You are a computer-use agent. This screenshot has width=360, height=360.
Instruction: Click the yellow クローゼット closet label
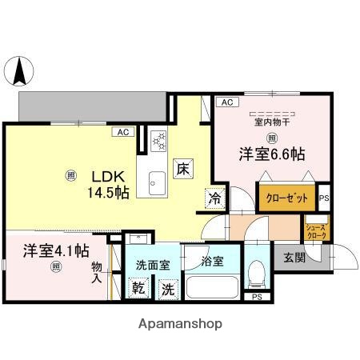[286, 198]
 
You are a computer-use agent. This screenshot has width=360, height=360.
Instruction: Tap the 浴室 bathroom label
[212, 261]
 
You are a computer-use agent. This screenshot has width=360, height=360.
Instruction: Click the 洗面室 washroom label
[152, 263]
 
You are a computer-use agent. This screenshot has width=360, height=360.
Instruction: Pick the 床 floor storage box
[183, 169]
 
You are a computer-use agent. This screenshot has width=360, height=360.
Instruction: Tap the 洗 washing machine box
[168, 289]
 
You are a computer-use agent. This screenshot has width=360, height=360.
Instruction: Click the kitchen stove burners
[157, 141]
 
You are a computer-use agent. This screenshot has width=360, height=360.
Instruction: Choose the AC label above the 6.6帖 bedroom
[226, 102]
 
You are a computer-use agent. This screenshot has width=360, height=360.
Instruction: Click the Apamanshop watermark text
[181, 323]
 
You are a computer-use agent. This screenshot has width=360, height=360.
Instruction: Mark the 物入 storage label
[97, 273]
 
